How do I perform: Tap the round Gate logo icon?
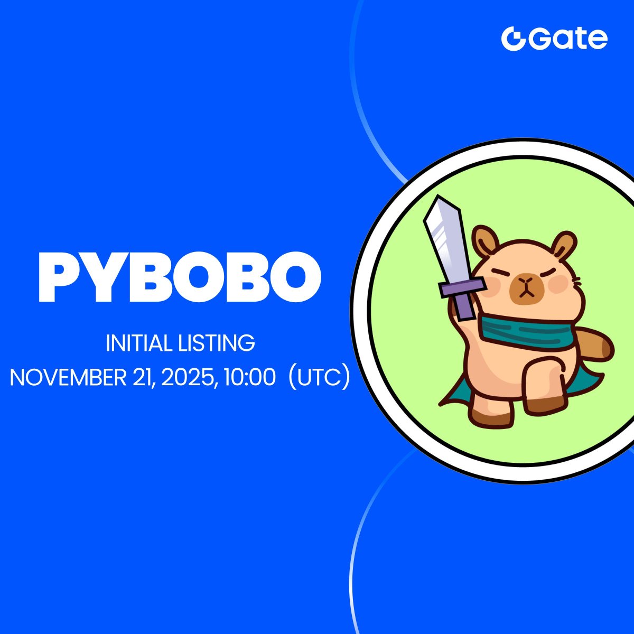(513, 39)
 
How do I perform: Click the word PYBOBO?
(180, 277)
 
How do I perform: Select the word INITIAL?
(138, 343)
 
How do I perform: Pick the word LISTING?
(217, 343)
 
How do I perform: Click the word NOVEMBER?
(68, 377)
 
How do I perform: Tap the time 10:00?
(249, 377)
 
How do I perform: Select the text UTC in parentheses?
(319, 377)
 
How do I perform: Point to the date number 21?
(143, 378)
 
